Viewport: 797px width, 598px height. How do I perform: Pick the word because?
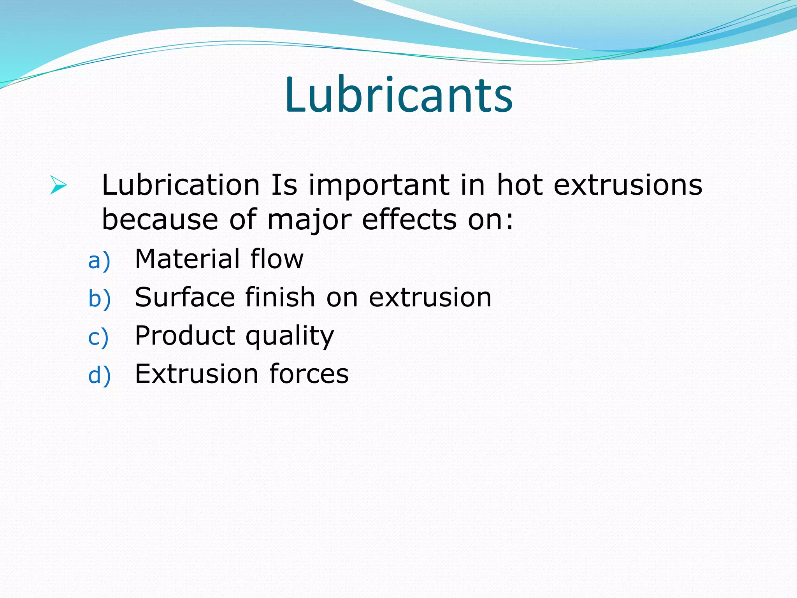[x=160, y=220]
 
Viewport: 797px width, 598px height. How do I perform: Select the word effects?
[x=409, y=220]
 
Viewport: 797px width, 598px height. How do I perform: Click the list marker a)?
[x=99, y=260]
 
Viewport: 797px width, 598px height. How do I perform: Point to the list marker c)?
[x=98, y=337]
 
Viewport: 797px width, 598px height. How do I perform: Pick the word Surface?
[x=185, y=297]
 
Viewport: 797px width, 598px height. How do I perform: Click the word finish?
[x=280, y=297]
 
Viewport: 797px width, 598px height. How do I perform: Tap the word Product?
[x=185, y=336]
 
